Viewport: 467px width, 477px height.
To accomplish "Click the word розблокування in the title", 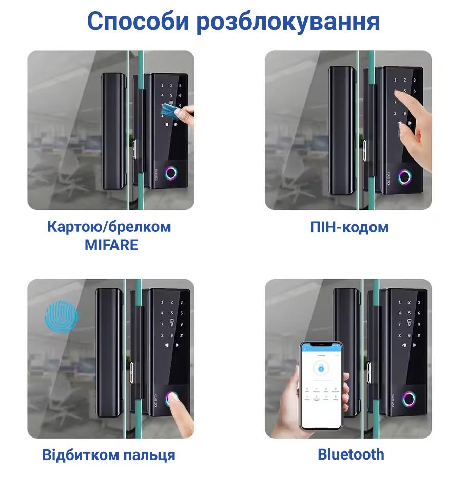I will (289, 22).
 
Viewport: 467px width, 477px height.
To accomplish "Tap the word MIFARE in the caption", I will (111, 245).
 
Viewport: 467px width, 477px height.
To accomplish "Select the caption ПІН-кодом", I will (349, 227).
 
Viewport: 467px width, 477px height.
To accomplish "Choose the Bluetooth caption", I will (351, 454).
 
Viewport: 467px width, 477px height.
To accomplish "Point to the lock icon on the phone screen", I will (321, 368).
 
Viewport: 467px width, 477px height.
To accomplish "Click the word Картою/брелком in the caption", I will (109, 227).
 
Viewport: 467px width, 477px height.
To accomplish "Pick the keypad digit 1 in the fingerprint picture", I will (162, 303).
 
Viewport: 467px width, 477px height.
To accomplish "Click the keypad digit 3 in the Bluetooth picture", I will (419, 303).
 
